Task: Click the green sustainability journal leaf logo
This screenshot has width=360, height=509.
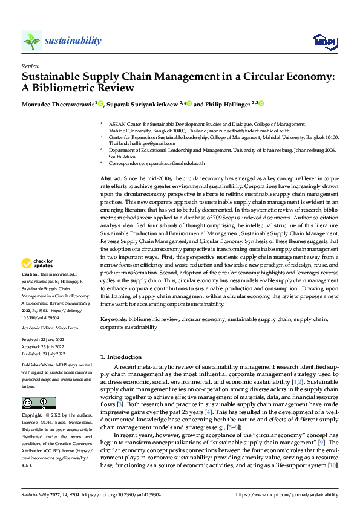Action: (x=31, y=41)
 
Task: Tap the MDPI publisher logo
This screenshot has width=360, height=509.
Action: (x=322, y=41)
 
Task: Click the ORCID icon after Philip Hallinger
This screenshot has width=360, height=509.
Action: (x=262, y=103)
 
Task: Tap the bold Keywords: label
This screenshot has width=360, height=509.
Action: (x=113, y=319)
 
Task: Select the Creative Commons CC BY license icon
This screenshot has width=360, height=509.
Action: (x=38, y=403)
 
